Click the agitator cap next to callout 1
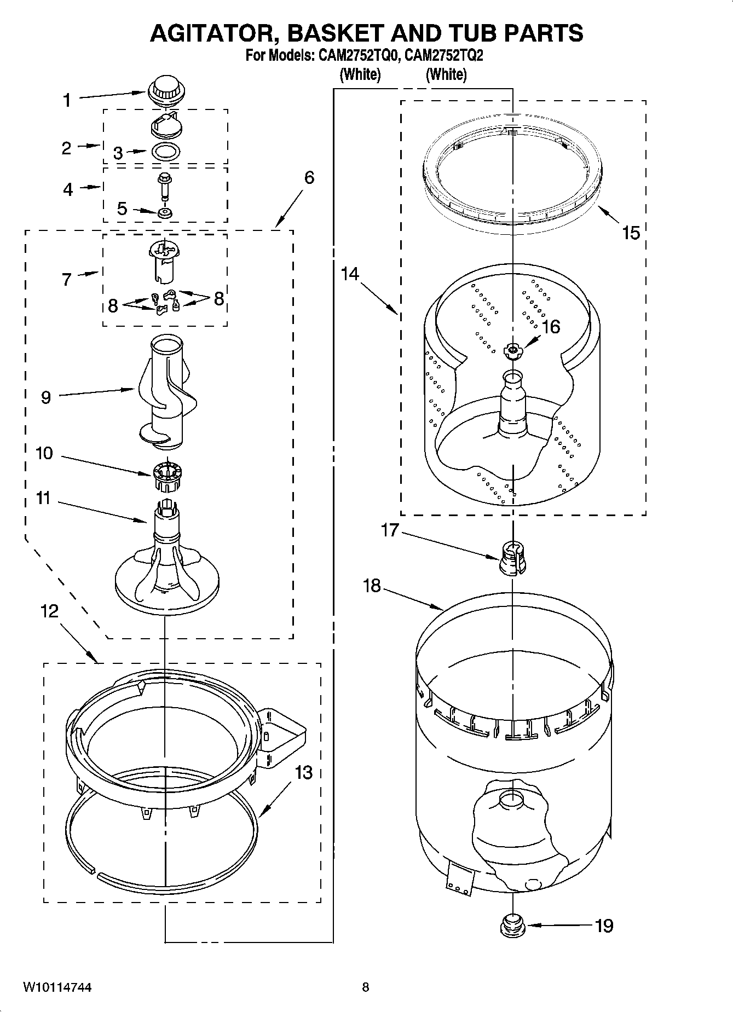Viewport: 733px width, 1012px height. [165, 91]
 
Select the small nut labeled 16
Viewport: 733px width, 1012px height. [512, 350]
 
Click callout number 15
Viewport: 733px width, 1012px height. [631, 233]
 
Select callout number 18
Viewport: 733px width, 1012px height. [372, 586]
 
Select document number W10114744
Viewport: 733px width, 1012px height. [57, 987]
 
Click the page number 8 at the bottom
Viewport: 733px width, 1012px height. [366, 987]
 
